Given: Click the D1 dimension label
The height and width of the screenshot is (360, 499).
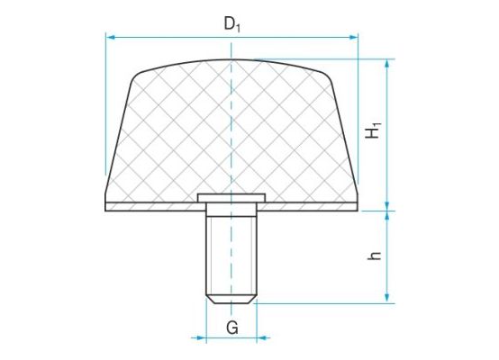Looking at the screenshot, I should tap(232, 23).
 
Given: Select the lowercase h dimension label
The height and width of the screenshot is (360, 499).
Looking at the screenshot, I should tap(375, 255).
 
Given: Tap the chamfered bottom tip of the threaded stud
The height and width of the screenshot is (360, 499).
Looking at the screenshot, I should tap(231, 298).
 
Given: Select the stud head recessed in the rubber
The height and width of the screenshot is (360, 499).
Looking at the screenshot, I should tap(231, 197).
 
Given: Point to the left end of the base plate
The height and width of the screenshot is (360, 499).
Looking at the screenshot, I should tap(108, 205).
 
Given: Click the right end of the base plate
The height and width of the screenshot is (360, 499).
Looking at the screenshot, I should tap(357, 205).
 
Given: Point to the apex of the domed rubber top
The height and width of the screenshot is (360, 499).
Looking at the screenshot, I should tap(232, 60).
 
